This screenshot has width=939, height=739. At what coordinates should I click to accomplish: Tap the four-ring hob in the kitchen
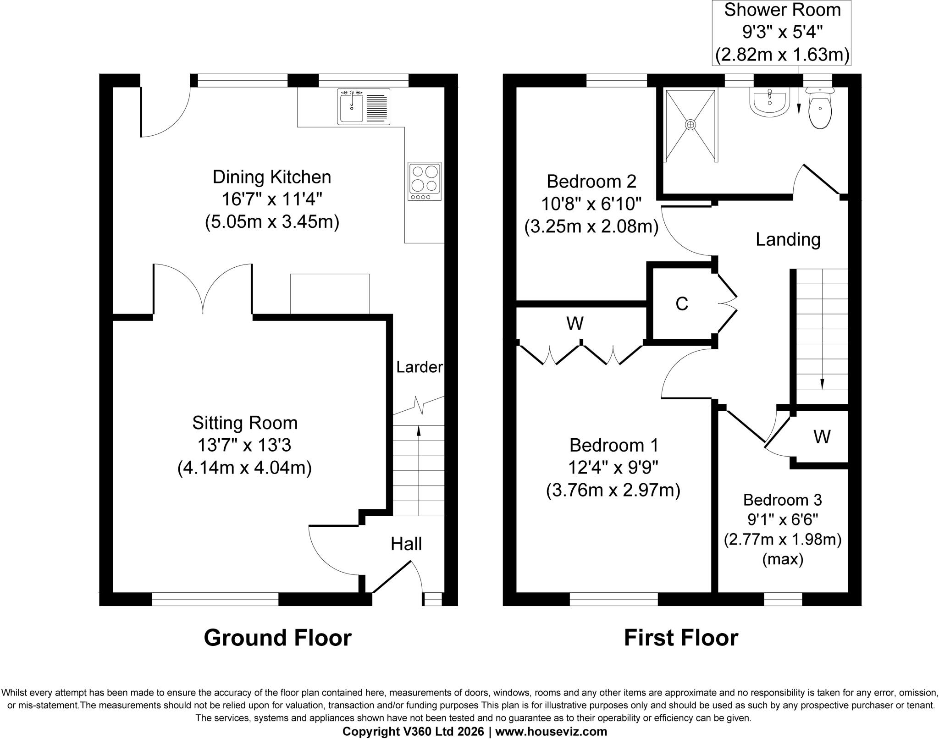pos(425,181)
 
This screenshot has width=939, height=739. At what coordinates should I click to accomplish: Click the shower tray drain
pos(690,124)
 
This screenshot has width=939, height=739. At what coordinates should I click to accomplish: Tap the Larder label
pos(420,367)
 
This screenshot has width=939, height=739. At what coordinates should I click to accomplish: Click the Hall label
pos(406,544)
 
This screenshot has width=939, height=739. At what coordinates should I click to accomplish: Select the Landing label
pos(788,240)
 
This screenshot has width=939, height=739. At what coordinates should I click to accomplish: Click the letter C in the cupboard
pos(682,303)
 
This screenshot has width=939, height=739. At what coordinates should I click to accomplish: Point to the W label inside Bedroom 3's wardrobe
pos(822,437)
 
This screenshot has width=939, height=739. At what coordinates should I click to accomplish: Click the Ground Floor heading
pos(278,638)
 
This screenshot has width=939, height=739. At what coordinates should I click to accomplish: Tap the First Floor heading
pos(681,638)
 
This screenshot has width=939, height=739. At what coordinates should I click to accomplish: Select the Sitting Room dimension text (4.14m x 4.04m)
pos(244,468)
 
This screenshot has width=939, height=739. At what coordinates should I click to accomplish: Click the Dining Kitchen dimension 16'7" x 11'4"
pos(272,199)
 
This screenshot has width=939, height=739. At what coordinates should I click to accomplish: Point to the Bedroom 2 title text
pos(591,182)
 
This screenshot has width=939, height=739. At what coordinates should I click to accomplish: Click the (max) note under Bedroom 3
pos(783,560)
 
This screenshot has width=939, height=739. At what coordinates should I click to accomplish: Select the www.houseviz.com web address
pos(551,732)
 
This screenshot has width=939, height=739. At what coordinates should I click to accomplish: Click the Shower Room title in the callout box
pos(782,10)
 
